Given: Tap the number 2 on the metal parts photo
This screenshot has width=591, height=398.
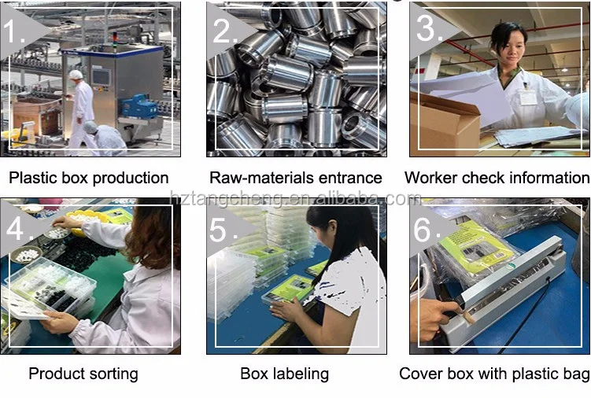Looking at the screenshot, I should tap(223, 31).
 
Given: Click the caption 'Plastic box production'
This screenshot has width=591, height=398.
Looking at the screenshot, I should tap(88, 178).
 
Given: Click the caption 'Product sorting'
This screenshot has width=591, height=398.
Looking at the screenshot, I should tap(83, 374).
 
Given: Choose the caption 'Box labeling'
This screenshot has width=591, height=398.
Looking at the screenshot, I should tap(284, 374).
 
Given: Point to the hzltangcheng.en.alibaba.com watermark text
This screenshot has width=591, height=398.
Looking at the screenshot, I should tap(295, 199).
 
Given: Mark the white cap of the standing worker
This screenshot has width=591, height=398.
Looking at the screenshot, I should tap(76, 75).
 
